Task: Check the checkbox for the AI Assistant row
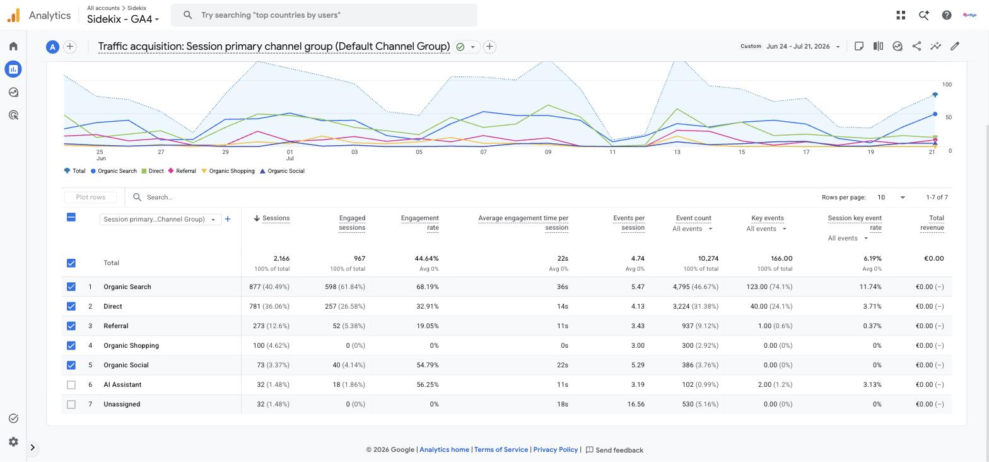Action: click(71, 385)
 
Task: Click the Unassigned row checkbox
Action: click(71, 404)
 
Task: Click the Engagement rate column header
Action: click(420, 223)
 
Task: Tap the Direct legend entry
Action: click(153, 171)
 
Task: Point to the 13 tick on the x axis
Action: click(677, 152)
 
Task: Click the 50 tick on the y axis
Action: click(947, 117)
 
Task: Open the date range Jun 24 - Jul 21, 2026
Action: click(798, 46)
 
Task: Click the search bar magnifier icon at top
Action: click(188, 15)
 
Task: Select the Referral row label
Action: click(115, 326)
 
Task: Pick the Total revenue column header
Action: click(932, 223)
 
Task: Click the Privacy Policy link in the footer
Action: click(556, 449)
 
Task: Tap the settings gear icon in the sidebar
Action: click(14, 442)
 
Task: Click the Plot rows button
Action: click(91, 197)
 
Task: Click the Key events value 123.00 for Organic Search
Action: click(757, 287)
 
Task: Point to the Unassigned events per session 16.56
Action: click(636, 404)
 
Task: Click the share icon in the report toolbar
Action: click(916, 46)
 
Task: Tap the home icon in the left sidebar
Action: click(13, 46)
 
